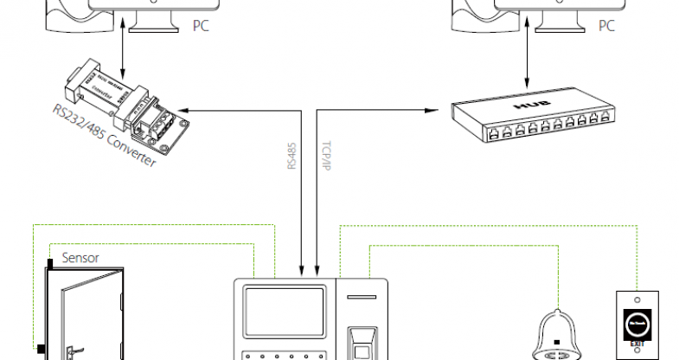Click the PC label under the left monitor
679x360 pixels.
pos(200,27)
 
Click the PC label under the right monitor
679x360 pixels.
pos(607,27)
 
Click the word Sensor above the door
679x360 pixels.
pos(80,258)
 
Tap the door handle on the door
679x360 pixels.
pos(70,350)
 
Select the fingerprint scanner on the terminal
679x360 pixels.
pos(362,341)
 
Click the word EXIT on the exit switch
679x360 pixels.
pos(638,343)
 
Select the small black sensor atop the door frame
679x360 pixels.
pos(51,260)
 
